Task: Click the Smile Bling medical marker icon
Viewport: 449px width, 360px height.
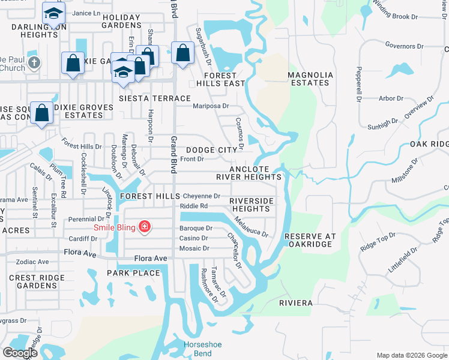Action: [x=144, y=227]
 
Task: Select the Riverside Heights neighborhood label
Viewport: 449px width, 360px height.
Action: [x=251, y=205]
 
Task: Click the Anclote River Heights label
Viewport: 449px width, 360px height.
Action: [x=249, y=173]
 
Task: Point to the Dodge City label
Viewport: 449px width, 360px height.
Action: [x=211, y=150]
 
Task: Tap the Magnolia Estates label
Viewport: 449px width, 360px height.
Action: [x=310, y=79]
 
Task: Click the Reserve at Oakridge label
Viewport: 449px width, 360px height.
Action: [x=309, y=240]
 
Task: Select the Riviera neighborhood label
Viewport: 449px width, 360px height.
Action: [x=296, y=303]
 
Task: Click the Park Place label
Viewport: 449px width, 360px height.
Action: [x=133, y=273]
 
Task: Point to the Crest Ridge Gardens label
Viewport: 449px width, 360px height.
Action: [x=37, y=281]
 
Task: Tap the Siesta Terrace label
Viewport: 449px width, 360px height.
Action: [x=154, y=98]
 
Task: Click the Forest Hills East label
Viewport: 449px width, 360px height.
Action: [x=215, y=79]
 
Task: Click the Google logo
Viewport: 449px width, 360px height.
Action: [x=20, y=353]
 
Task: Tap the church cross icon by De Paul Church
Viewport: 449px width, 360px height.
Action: [x=35, y=62]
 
